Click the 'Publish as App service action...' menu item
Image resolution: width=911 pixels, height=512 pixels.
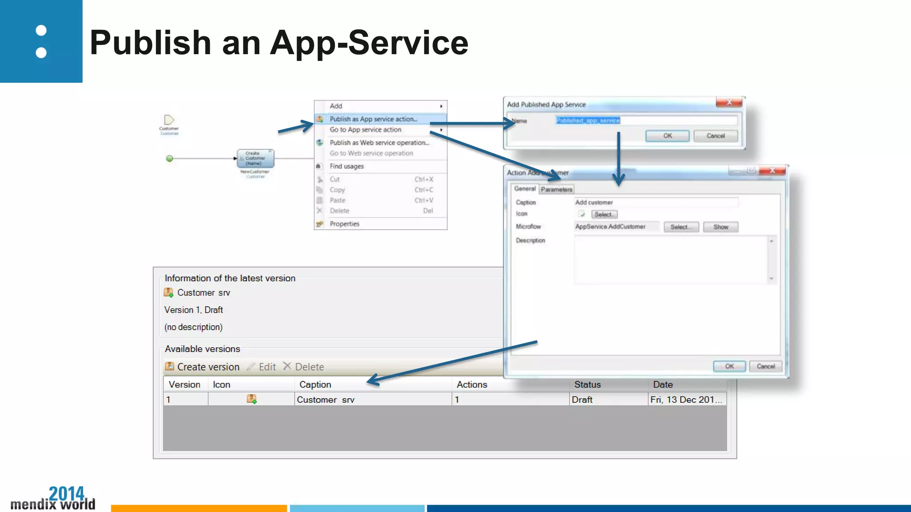373,119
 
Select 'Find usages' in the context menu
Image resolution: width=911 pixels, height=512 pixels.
347,166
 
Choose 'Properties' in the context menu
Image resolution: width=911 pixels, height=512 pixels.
344,224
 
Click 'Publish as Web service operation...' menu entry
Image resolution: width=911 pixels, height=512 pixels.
379,143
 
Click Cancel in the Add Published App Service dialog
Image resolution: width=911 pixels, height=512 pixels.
715,136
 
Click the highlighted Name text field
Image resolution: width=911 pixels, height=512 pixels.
646,120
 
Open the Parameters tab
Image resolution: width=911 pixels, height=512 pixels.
556,189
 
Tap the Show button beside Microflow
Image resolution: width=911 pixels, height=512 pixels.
721,227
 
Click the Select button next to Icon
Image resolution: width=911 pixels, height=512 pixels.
604,215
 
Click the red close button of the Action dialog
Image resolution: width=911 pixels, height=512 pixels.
773,171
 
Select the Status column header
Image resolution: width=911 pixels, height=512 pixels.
587,384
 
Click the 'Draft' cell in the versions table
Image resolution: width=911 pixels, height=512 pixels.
582,400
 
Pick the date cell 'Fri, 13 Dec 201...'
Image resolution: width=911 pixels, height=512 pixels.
686,400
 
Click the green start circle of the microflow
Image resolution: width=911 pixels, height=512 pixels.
169,159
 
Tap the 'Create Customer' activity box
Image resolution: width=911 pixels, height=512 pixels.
255,158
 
